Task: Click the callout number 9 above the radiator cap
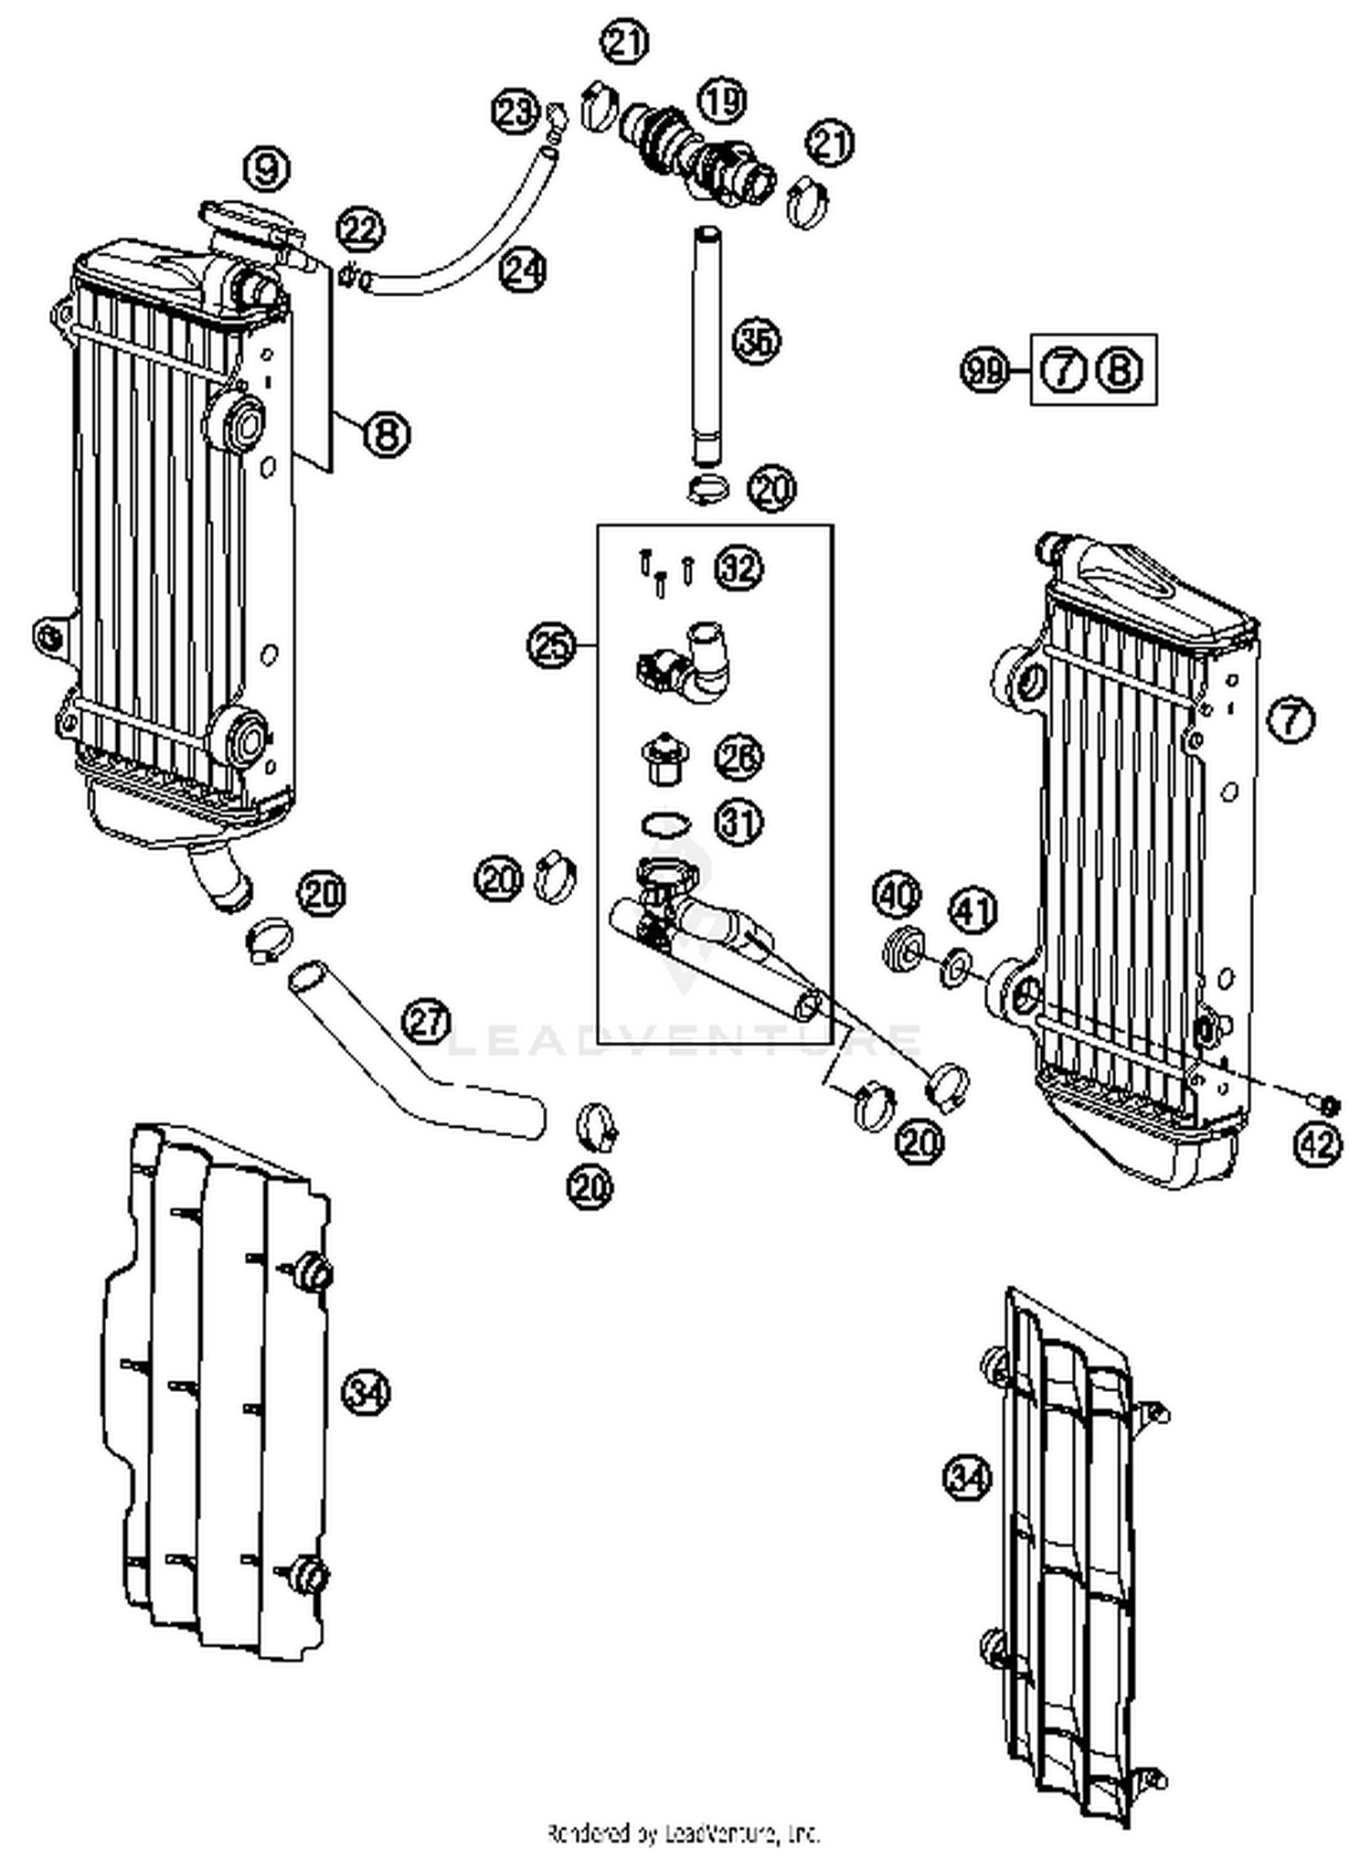point(266,170)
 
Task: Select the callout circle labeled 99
point(984,370)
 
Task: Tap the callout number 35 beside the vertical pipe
point(758,342)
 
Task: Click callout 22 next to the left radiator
point(361,230)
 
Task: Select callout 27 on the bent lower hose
point(427,1022)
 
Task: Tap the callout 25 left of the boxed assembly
point(551,646)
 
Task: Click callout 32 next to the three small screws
point(739,569)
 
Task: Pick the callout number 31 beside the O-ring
point(739,823)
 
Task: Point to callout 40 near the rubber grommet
point(897,896)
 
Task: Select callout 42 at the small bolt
point(1318,1143)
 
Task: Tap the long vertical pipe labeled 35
point(707,347)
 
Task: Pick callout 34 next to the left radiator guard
point(366,1392)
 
